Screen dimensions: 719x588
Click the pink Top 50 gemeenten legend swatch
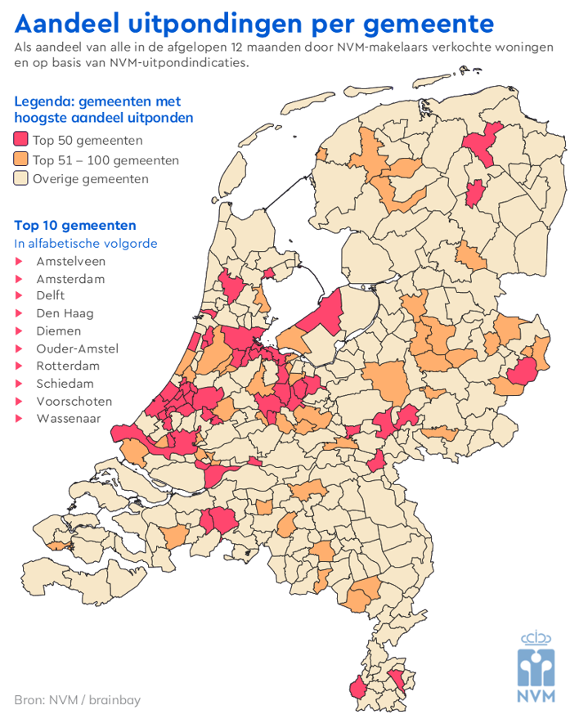point(21,140)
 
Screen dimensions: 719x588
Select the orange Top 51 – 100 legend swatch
point(21,160)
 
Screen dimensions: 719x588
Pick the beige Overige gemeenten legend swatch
point(21,178)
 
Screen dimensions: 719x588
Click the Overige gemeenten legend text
point(90,178)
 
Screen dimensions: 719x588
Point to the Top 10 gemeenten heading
point(75,225)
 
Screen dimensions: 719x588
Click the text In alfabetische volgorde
point(86,244)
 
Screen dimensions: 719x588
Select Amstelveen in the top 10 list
point(70,262)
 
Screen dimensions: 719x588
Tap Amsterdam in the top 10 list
point(70,279)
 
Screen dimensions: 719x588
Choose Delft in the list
point(51,296)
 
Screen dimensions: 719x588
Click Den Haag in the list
point(65,313)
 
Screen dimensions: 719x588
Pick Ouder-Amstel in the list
point(77,348)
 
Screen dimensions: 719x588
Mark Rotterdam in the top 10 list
point(68,366)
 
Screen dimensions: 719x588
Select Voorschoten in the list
point(74,401)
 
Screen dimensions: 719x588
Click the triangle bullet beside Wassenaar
point(19,419)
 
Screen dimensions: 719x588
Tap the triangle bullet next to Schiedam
point(19,384)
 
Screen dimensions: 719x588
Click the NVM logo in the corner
point(536,667)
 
